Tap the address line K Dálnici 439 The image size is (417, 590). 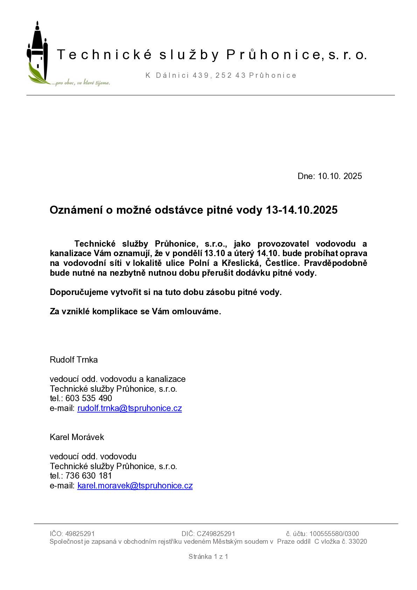[x=221, y=75]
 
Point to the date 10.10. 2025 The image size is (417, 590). [x=340, y=176]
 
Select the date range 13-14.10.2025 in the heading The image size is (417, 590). [x=302, y=210]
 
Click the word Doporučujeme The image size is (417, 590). [x=79, y=292]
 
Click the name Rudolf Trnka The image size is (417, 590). [x=74, y=360]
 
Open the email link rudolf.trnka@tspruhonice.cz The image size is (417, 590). [x=130, y=408]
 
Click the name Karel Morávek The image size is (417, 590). [x=77, y=437]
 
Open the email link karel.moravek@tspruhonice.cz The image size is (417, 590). [x=135, y=486]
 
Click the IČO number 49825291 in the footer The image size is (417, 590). [x=80, y=534]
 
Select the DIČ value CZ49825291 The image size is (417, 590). [x=216, y=534]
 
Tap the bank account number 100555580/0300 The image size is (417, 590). [x=334, y=534]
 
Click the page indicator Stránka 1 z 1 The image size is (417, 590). [x=208, y=556]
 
